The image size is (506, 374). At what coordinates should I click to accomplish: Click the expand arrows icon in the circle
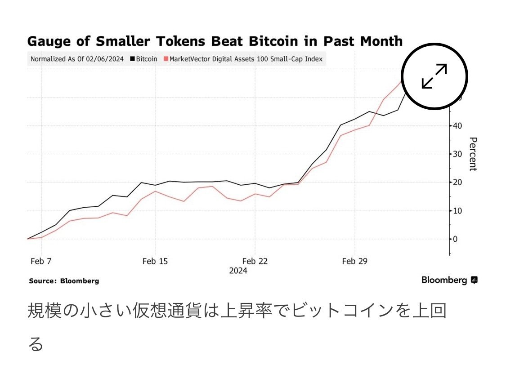(434, 76)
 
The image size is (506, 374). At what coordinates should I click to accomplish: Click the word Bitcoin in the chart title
(273, 41)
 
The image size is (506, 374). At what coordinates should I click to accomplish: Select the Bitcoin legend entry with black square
(143, 59)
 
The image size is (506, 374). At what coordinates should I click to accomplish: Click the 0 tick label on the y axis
(456, 239)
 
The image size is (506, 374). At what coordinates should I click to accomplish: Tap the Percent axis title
(472, 154)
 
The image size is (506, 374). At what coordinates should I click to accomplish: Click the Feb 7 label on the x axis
(41, 261)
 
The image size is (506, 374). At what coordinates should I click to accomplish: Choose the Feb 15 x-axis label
(155, 261)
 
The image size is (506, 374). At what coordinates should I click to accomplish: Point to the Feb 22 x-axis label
(255, 261)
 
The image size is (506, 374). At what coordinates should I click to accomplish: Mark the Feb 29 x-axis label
(355, 261)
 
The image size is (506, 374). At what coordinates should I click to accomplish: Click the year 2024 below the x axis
(238, 271)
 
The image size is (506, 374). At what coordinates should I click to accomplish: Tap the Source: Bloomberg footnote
(64, 280)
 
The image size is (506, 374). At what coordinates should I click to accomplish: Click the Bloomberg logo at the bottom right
(449, 280)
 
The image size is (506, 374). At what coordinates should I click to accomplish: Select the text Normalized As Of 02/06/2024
(77, 59)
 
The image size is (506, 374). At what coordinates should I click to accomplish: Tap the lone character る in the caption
(36, 344)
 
